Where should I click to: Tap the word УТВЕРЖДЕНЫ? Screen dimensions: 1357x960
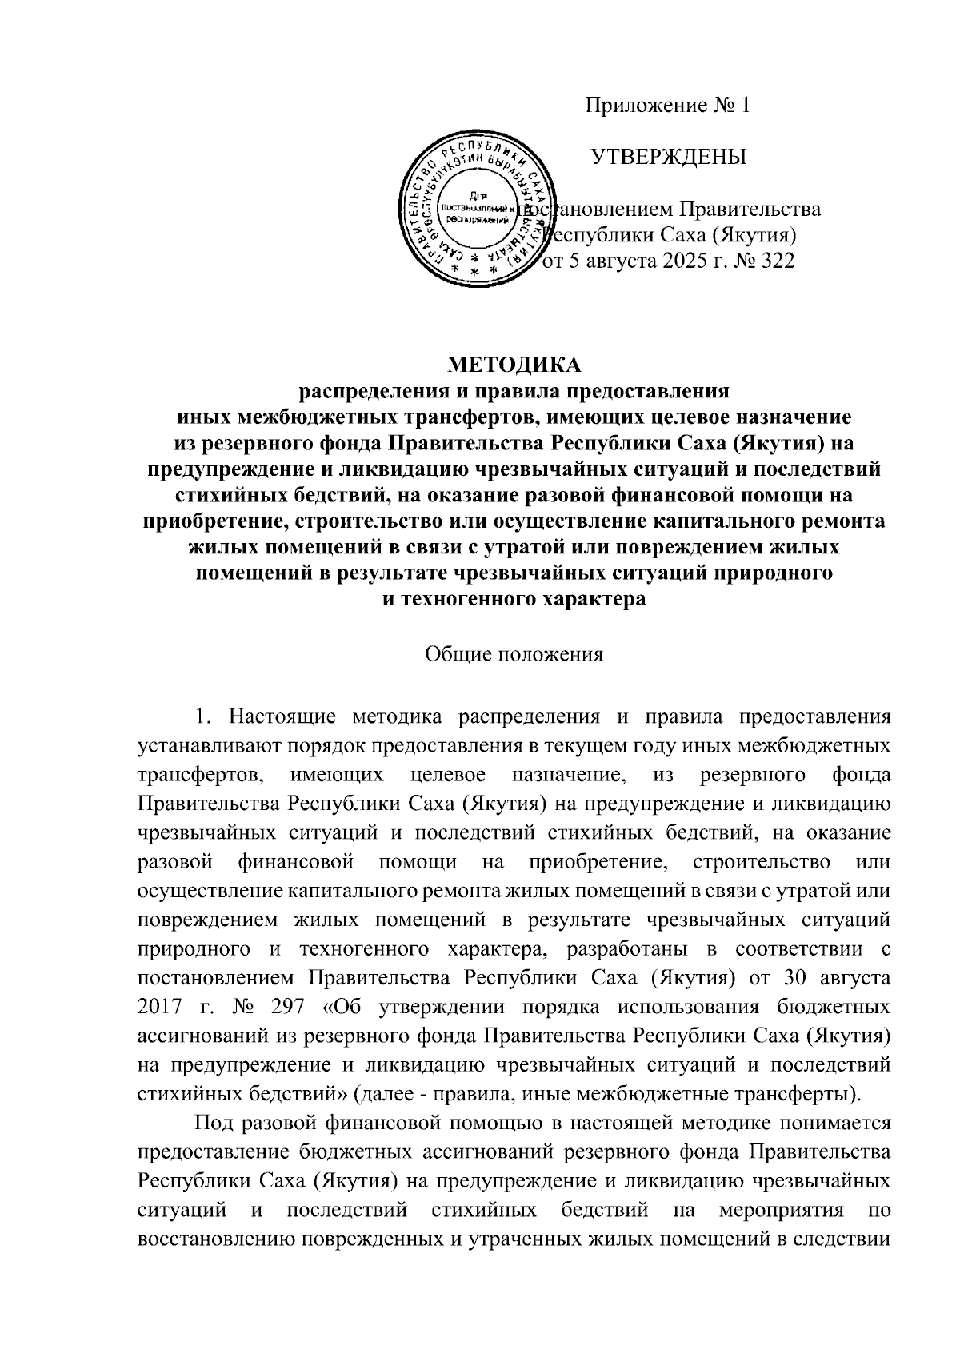tap(669, 157)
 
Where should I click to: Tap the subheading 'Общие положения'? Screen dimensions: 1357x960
tap(514, 654)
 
